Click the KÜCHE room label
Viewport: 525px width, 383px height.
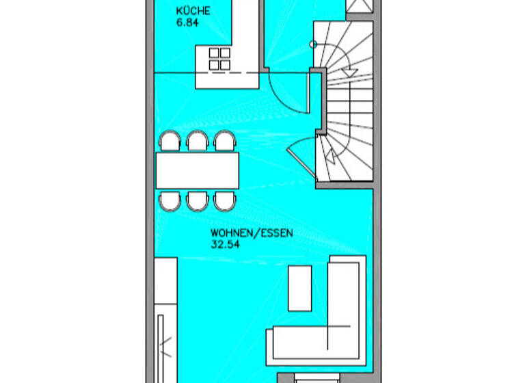pos(192,11)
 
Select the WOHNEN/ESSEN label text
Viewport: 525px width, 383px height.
pos(252,233)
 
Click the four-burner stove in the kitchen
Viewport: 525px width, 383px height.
pos(219,58)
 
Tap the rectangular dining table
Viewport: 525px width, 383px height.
pos(197,170)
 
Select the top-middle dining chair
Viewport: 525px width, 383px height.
pos(197,141)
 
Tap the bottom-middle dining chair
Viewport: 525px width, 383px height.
pos(197,200)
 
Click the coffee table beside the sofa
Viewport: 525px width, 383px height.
pos(300,288)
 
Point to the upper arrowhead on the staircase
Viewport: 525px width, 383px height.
pos(348,70)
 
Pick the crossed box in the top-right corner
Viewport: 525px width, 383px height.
pos(360,6)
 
